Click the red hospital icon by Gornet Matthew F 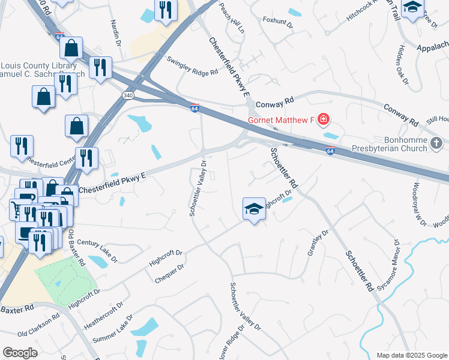pyautogui.click(x=324, y=120)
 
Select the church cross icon pyautogui.click(x=436, y=143)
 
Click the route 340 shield pyautogui.click(x=128, y=95)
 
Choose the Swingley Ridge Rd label pyautogui.click(x=192, y=66)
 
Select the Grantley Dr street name pyautogui.click(x=318, y=242)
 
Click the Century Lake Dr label pyautogui.click(x=96, y=248)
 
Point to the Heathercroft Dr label pyautogui.click(x=103, y=314)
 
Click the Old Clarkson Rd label pyautogui.click(x=39, y=325)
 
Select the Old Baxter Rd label pyautogui.click(x=76, y=248)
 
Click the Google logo pyautogui.click(x=20, y=353)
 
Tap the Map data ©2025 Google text pyautogui.click(x=411, y=355)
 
